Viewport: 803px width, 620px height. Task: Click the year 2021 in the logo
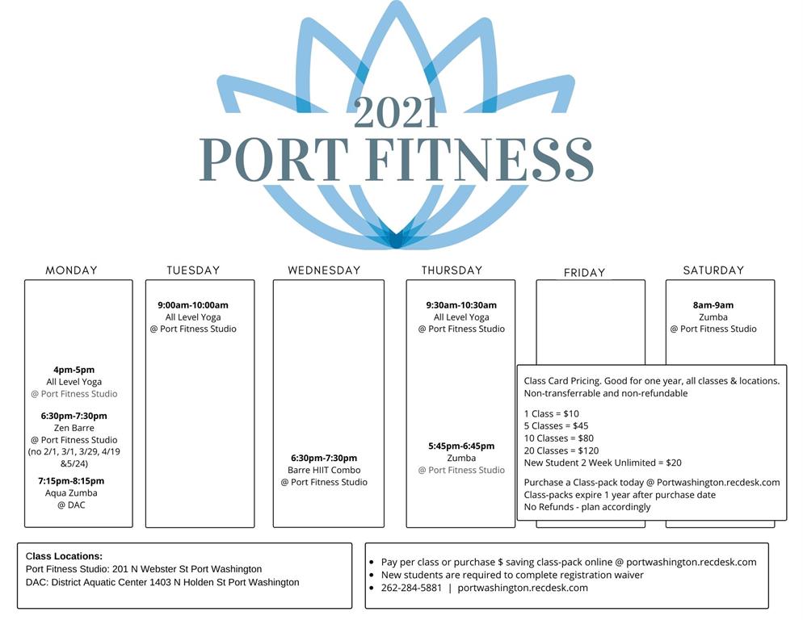point(396,113)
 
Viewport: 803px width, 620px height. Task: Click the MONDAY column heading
point(71,270)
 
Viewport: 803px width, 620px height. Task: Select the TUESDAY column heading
point(193,270)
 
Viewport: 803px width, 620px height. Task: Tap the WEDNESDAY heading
point(324,270)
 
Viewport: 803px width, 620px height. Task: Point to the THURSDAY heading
point(452,270)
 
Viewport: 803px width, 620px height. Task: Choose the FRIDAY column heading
point(584,272)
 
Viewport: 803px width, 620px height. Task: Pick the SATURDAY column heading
point(713,270)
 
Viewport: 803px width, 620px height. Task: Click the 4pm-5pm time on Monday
point(74,370)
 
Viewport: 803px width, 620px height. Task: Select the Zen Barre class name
point(74,428)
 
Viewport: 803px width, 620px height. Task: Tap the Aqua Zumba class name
point(71,492)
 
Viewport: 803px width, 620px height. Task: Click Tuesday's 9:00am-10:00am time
point(193,305)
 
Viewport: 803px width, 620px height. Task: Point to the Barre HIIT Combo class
point(324,470)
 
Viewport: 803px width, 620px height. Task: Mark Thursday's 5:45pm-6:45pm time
point(461,446)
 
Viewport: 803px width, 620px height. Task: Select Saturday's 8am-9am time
point(713,305)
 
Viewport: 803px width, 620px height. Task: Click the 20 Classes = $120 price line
point(561,450)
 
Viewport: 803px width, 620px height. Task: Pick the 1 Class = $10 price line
point(551,413)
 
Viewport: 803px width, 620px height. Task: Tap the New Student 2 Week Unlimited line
point(603,463)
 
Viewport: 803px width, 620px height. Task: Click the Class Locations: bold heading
point(64,556)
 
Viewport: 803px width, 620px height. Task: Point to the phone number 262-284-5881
point(411,588)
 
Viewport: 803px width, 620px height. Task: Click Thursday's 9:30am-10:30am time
point(461,305)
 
